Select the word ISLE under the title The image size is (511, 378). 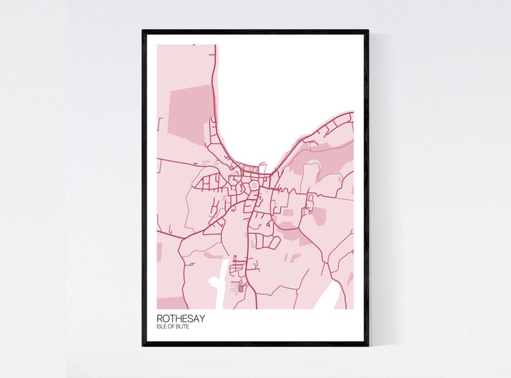point(162,327)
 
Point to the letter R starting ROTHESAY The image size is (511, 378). point(160,318)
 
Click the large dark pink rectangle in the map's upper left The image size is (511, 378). point(189,113)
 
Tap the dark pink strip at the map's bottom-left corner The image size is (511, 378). point(170,303)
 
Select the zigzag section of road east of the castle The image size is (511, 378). point(310,202)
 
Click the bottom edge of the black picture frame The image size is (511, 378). point(256,344)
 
